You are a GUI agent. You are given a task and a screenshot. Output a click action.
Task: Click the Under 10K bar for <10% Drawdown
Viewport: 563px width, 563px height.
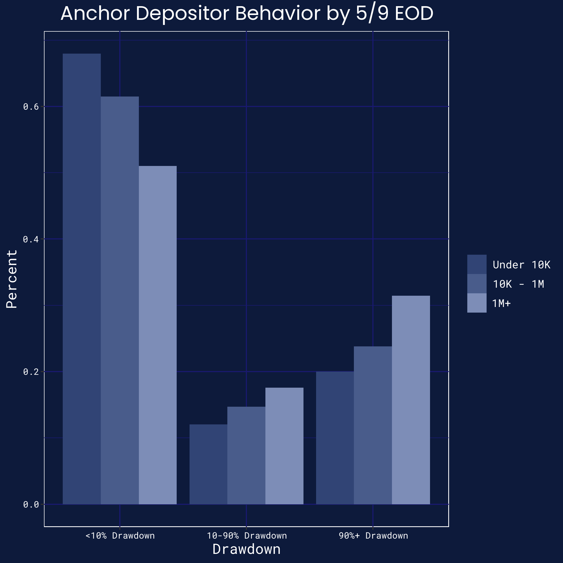pos(82,279)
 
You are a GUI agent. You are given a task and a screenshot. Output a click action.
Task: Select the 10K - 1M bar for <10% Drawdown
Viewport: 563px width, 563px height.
pos(120,300)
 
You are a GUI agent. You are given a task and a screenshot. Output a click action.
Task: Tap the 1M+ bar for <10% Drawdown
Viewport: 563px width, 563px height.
pos(158,335)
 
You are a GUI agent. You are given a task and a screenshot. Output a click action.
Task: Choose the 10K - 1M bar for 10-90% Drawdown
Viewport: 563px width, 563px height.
pos(246,455)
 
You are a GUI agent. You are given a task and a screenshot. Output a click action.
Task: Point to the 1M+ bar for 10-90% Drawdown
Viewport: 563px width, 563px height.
pos(284,446)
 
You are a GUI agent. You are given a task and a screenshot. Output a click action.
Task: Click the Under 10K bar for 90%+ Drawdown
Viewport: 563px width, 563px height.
pos(335,438)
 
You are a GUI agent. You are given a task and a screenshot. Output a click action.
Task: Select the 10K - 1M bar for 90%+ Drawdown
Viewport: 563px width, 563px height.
pos(373,425)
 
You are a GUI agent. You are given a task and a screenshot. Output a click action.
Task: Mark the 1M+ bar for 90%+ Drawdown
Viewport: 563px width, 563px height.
pos(411,400)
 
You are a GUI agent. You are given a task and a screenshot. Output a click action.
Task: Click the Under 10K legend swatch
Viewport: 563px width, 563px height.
pos(477,264)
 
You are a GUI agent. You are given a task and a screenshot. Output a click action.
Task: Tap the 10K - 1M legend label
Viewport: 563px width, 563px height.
pos(518,284)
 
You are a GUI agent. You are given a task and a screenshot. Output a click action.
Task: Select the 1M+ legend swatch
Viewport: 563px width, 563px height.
pos(477,303)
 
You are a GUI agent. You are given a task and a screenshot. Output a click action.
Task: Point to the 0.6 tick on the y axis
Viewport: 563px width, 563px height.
pos(31,107)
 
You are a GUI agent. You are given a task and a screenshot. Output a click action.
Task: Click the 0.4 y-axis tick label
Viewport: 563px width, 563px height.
pos(31,239)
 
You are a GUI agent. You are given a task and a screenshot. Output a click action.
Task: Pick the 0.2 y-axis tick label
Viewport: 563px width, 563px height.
pos(31,372)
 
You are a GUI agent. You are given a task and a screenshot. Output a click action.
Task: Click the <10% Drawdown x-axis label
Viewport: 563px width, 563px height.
pos(120,536)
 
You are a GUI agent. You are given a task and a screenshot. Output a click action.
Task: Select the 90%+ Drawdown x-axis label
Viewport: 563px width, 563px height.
pos(373,536)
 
